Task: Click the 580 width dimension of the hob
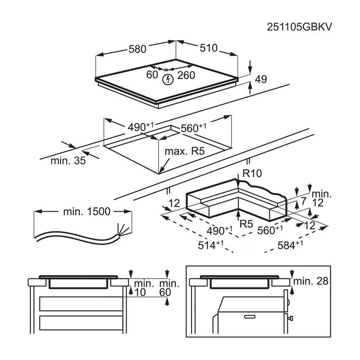click(137, 49)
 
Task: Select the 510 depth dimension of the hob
click(208, 48)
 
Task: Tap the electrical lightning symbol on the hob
click(168, 80)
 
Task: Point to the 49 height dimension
click(261, 80)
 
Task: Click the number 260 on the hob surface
click(186, 75)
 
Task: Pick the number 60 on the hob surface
click(152, 75)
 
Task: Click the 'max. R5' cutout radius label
click(184, 151)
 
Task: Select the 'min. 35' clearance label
click(68, 161)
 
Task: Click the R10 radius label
click(252, 173)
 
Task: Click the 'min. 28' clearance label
click(311, 281)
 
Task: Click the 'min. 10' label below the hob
click(144, 288)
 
